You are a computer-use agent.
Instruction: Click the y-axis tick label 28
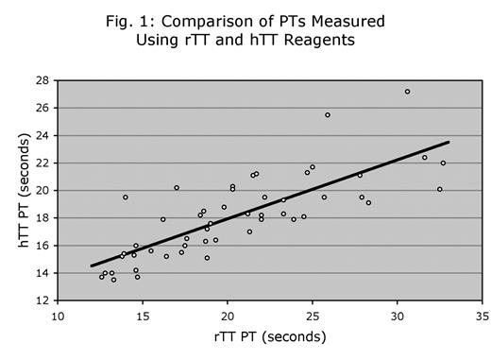[44, 80]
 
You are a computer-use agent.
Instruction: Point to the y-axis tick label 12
[44, 300]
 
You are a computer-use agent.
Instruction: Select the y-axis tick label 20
[44, 190]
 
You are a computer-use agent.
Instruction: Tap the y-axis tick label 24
[44, 135]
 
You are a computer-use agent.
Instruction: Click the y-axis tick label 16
[44, 246]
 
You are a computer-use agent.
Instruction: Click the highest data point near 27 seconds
[407, 92]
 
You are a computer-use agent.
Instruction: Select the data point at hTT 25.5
[328, 115]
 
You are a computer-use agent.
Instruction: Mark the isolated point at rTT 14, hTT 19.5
[126, 197]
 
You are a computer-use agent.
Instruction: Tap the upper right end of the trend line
[449, 143]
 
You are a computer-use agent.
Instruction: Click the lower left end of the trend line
[92, 266]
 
